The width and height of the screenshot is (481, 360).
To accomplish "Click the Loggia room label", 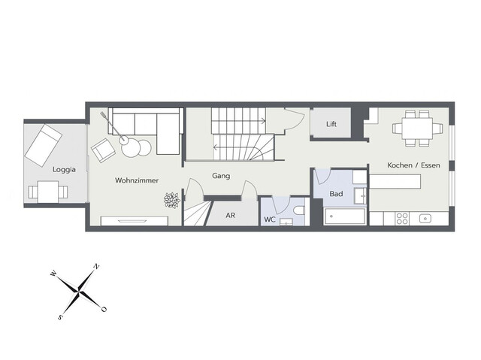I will [x=64, y=170].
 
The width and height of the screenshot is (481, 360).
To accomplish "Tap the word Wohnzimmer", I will [x=135, y=180].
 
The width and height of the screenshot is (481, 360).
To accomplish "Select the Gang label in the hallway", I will [x=220, y=176].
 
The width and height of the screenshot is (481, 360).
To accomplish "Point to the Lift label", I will [x=331, y=124].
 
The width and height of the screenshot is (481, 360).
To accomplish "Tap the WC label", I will [x=268, y=219].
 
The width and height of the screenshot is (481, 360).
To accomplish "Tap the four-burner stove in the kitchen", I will [x=401, y=219].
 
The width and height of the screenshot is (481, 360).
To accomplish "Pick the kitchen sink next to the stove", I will [x=425, y=219].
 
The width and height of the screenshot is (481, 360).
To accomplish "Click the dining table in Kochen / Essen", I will [x=415, y=128].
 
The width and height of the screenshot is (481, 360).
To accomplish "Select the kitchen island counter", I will [x=396, y=182].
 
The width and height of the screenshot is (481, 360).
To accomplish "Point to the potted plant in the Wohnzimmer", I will [x=172, y=200].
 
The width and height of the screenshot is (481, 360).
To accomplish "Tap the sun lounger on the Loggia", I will [x=44, y=145].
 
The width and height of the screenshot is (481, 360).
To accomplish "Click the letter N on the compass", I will [x=96, y=266].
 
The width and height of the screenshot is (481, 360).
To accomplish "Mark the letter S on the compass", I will [x=60, y=316].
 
